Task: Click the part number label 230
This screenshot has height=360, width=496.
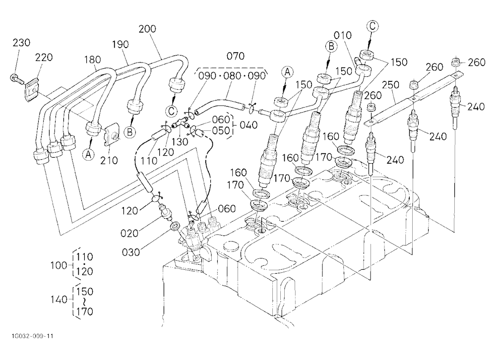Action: [x=21, y=42]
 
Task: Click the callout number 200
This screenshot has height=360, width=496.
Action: [x=147, y=29]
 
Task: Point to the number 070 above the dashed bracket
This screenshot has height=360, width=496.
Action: [x=236, y=56]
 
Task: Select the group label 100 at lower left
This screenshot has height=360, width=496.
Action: [x=59, y=265]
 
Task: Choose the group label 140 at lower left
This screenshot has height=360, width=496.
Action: [x=59, y=299]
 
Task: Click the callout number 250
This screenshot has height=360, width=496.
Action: [x=390, y=85]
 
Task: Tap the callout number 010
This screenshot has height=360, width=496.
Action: [x=343, y=35]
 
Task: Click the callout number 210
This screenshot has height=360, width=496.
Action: [x=109, y=160]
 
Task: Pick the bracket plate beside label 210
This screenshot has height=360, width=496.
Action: [x=111, y=135]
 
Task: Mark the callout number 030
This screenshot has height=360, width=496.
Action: [x=130, y=252]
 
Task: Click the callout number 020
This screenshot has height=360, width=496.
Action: [x=129, y=233]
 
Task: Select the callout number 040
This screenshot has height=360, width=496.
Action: [x=248, y=125]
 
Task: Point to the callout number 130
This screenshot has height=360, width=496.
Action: [x=180, y=141]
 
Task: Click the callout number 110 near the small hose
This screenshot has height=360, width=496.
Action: [x=149, y=160]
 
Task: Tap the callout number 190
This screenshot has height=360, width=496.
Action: [x=120, y=44]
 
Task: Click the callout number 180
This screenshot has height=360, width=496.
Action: [x=92, y=60]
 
